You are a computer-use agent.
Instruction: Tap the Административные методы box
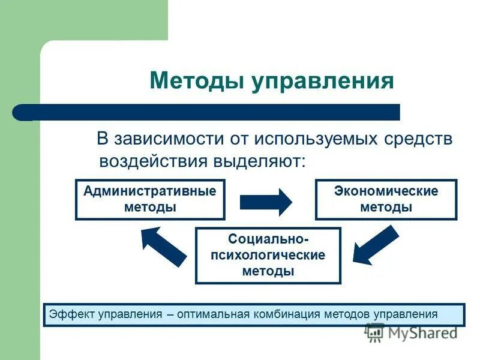click(150, 199)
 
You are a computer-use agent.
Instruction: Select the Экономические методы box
click(386, 199)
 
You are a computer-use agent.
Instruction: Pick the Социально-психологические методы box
click(268, 256)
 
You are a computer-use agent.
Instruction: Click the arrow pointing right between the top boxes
click(265, 202)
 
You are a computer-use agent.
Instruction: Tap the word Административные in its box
click(150, 191)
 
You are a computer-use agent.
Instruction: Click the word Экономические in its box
click(386, 191)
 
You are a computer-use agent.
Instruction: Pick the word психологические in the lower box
click(268, 256)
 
